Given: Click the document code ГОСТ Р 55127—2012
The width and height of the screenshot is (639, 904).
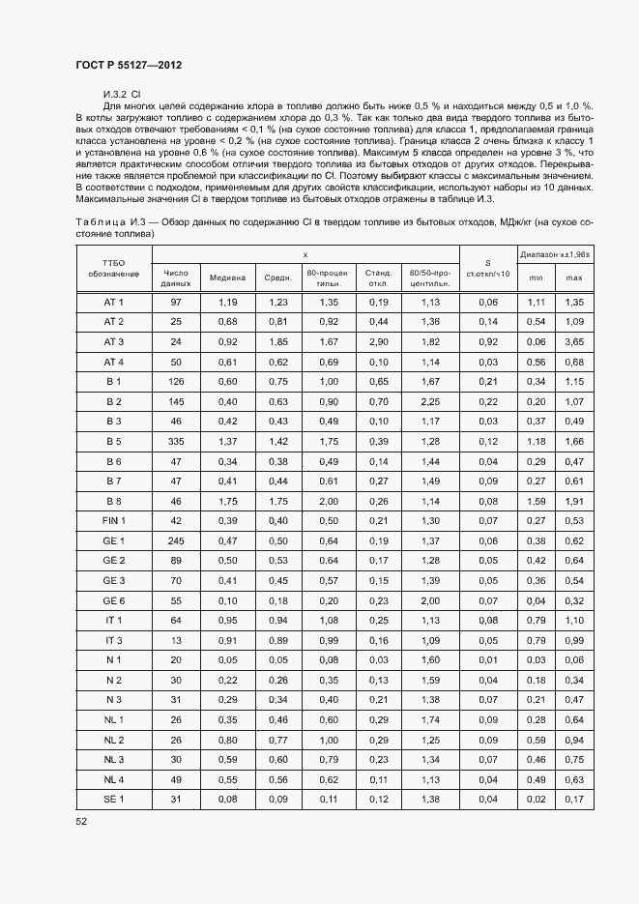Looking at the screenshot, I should (129, 65).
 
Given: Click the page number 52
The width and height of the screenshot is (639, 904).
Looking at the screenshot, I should (81, 820).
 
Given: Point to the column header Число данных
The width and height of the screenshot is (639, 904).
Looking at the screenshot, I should (176, 277).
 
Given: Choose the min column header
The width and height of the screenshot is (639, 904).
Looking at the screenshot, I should (535, 277).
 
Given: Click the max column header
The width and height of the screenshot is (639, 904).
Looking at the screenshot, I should (574, 277).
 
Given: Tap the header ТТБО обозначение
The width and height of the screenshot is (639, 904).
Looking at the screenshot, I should (114, 268).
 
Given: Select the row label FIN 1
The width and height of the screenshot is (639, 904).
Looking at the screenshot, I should (114, 520).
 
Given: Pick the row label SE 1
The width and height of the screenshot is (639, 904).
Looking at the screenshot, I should (114, 798).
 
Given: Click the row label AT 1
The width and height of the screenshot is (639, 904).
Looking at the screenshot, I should (114, 303).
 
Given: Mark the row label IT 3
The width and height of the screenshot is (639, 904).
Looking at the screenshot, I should (114, 640).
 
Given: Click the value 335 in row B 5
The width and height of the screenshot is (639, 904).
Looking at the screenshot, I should (176, 441).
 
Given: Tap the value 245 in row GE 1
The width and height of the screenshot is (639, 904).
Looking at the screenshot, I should (176, 540).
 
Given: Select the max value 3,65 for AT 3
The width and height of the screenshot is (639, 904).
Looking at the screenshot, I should (574, 342).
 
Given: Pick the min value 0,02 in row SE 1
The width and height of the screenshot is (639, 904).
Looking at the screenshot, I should (535, 798).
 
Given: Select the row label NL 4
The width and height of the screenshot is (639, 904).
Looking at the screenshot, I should (114, 778).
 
